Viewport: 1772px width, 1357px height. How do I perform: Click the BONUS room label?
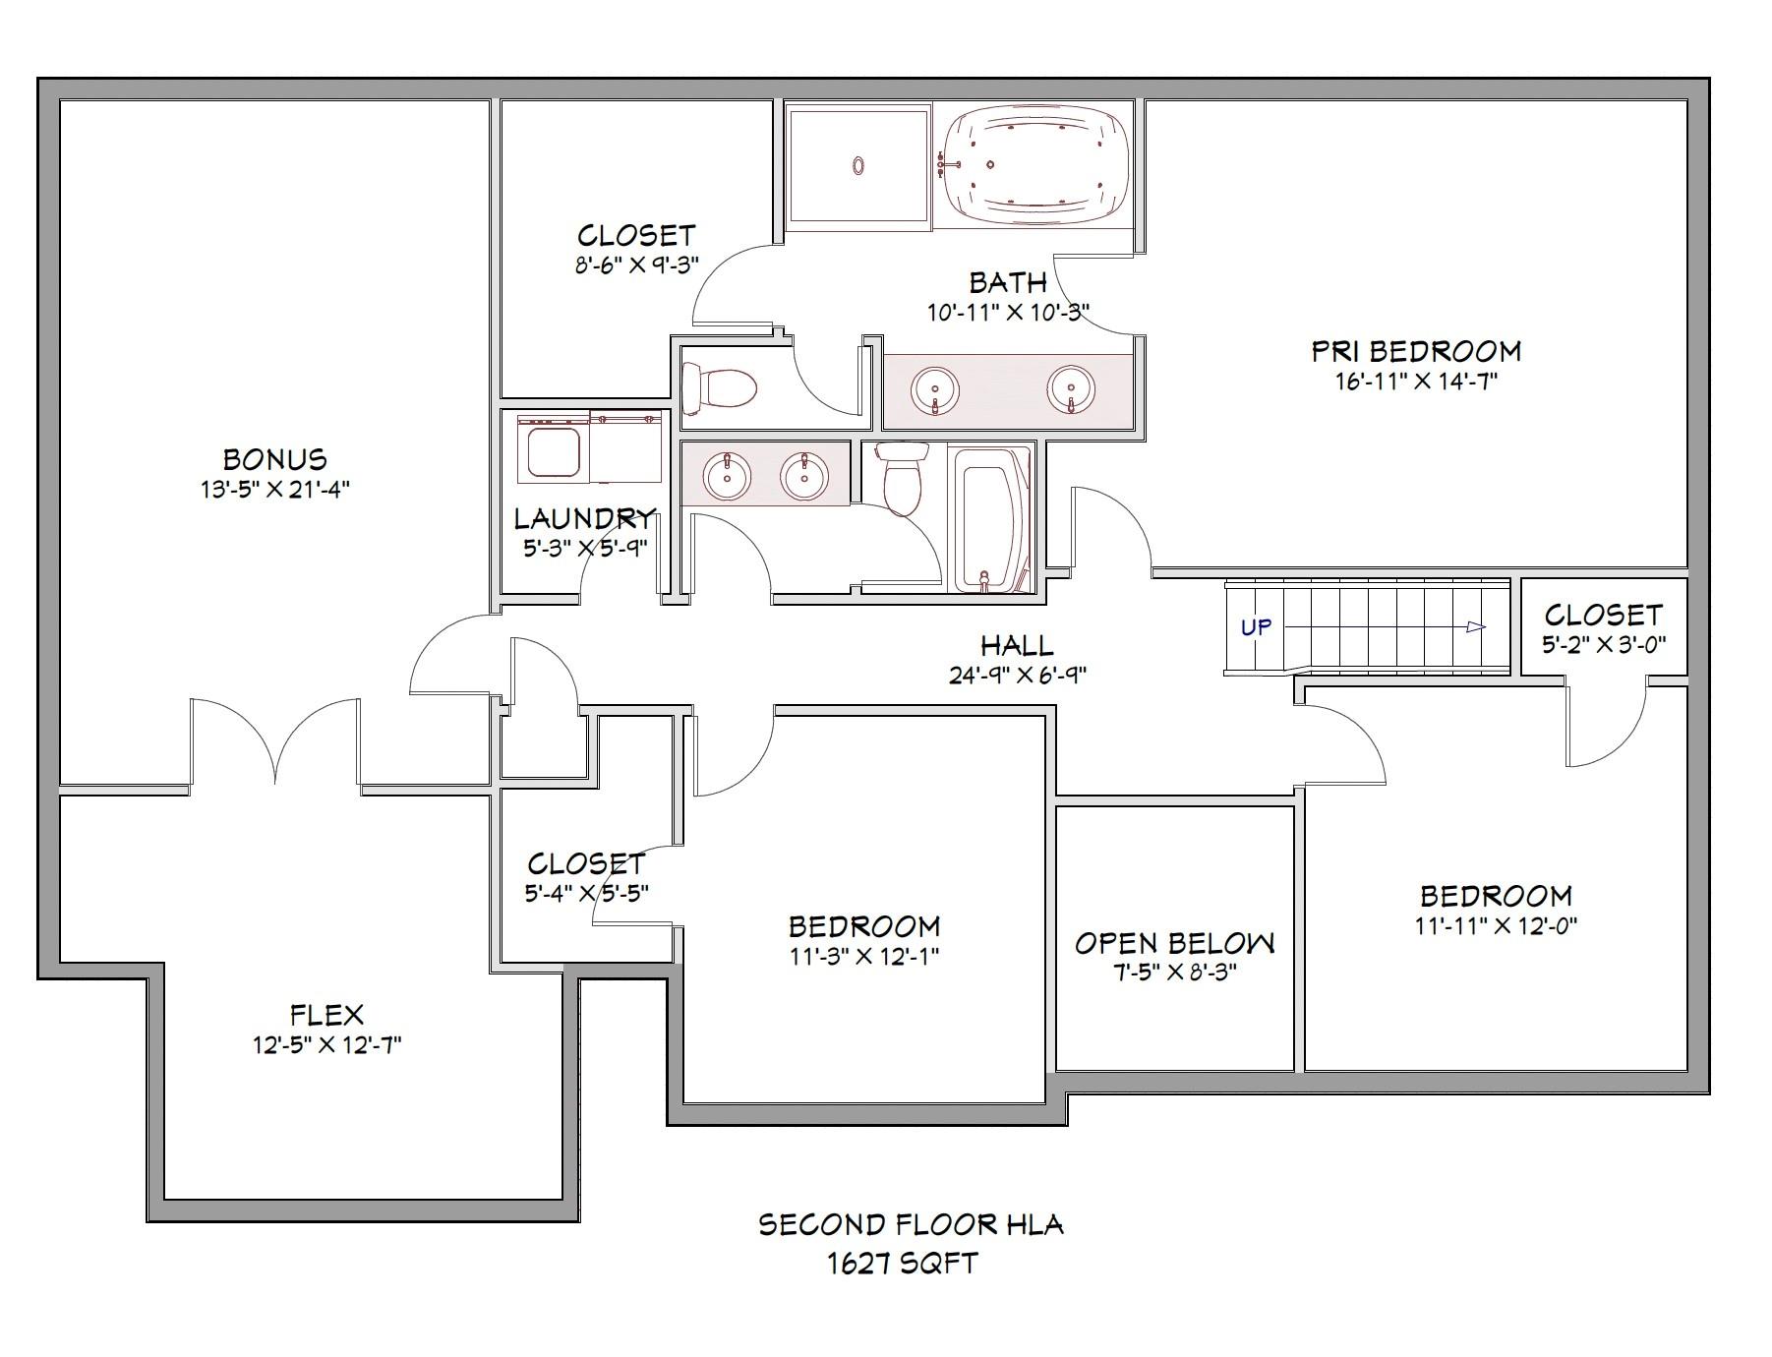pos(274,459)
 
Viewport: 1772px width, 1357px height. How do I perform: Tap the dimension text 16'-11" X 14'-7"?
pos(1416,382)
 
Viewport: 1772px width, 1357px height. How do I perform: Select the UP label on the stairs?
pos(1255,626)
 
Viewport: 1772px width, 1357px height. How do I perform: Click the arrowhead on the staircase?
pos(1475,626)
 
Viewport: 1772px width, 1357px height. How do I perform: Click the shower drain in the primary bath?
pos(858,166)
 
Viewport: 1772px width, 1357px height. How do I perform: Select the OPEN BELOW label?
pos(1174,943)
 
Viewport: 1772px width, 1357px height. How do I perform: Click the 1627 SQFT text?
pos(903,1264)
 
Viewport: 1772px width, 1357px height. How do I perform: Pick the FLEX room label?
pos(326,1014)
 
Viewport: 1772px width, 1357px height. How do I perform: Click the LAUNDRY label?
pos(584,518)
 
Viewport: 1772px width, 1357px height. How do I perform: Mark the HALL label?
pos(1017,646)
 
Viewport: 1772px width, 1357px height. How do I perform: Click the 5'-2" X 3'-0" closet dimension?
pos(1604,645)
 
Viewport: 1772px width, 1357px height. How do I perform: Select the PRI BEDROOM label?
pos(1416,351)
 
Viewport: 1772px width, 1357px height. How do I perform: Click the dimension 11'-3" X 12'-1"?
pos(863,956)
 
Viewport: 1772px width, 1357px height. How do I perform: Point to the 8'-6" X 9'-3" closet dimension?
pos(636,265)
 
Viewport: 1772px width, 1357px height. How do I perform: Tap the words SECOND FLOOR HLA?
pos(911,1225)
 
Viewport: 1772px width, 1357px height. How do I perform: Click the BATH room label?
pos(1008,283)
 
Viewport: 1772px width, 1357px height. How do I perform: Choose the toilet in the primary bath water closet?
pos(719,389)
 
